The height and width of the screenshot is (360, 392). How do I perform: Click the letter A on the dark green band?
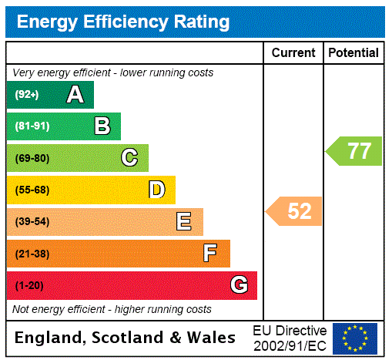tap(75, 95)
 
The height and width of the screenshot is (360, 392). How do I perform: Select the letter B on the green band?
tap(102, 126)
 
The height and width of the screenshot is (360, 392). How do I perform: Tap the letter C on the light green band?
tap(129, 158)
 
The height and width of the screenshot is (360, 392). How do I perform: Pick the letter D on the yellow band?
tap(157, 190)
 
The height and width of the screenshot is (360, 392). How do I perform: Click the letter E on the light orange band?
tap(184, 222)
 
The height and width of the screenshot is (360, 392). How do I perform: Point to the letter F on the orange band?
tap(210, 254)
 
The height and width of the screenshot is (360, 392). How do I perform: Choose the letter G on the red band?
tap(240, 285)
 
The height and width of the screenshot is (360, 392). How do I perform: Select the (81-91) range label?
tap(32, 126)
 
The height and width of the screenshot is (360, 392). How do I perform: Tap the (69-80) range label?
tap(32, 158)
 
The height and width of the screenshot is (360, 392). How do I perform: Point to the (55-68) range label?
tap(32, 190)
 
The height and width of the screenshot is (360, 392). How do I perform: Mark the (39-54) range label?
tap(32, 222)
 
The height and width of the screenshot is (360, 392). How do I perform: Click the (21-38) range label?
tap(32, 254)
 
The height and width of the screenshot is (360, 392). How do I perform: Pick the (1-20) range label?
tap(29, 285)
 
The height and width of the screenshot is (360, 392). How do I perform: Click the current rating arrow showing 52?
tap(295, 211)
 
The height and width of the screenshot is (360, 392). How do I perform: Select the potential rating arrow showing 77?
tap(355, 150)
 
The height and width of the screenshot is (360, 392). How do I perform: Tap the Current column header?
tap(293, 53)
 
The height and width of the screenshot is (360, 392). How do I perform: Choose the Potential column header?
tap(353, 53)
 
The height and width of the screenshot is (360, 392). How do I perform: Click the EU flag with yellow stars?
tap(355, 338)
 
